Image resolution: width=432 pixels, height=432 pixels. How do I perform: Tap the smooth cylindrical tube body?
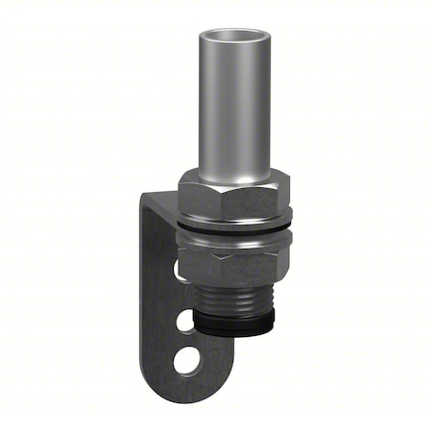pyautogui.click(x=232, y=106)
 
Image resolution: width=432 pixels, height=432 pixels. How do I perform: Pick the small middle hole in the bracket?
pyautogui.click(x=185, y=320)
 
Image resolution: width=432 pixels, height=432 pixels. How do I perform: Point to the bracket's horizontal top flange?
pyautogui.click(x=164, y=198)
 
